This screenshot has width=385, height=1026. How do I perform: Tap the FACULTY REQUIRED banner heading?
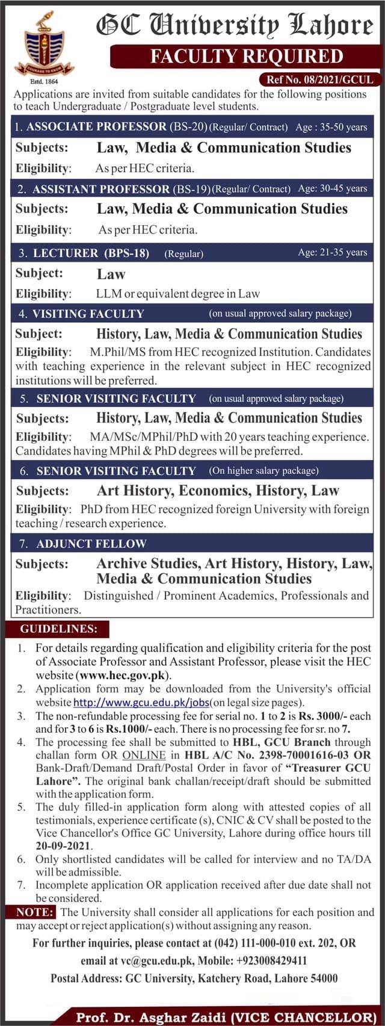[246, 57]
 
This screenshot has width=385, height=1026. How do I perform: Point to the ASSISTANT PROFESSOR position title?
[100, 189]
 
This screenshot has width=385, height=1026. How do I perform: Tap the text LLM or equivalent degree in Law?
[178, 294]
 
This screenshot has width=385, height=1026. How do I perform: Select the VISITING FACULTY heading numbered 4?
[88, 314]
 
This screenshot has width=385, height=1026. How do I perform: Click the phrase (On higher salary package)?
[263, 471]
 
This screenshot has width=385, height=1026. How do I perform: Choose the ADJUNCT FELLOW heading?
[91, 544]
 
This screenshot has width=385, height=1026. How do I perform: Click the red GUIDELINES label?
[58, 629]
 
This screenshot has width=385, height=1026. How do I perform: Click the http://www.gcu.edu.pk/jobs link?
[141, 702]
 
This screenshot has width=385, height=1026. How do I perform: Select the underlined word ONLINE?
[144, 754]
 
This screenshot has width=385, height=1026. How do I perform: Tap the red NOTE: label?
[35, 913]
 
